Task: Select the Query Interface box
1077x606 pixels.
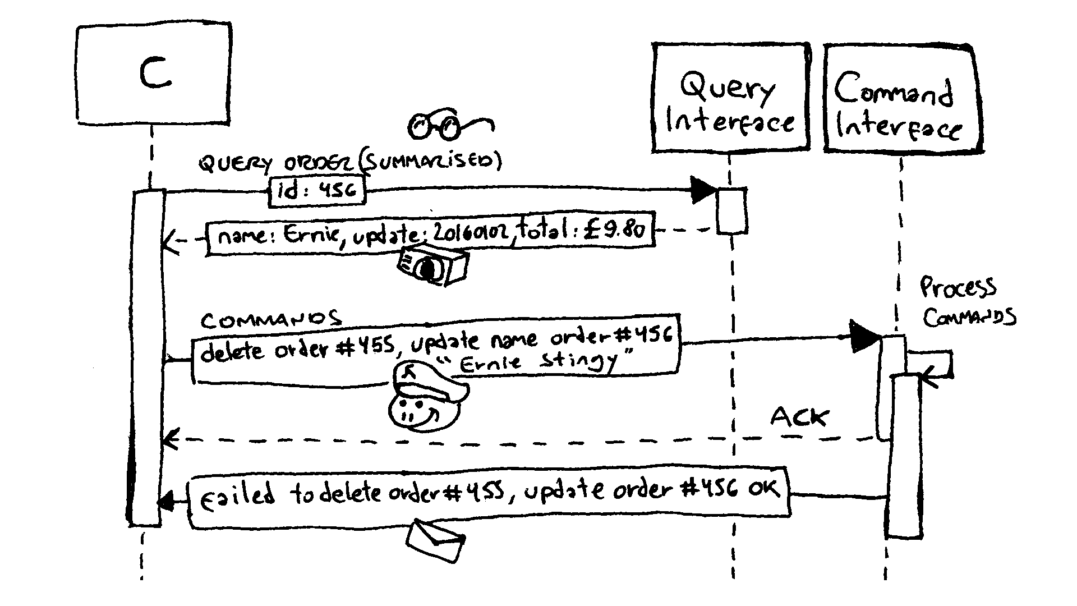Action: (x=730, y=97)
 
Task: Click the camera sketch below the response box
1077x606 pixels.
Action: (x=431, y=265)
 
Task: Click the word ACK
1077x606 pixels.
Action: (x=799, y=417)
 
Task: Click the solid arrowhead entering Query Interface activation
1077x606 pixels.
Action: (x=702, y=190)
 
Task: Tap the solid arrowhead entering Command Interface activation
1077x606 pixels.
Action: (x=864, y=337)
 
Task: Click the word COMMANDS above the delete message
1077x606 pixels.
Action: (x=270, y=320)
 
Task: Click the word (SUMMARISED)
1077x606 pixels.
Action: (x=429, y=161)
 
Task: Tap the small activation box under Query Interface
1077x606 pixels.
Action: (x=732, y=210)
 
